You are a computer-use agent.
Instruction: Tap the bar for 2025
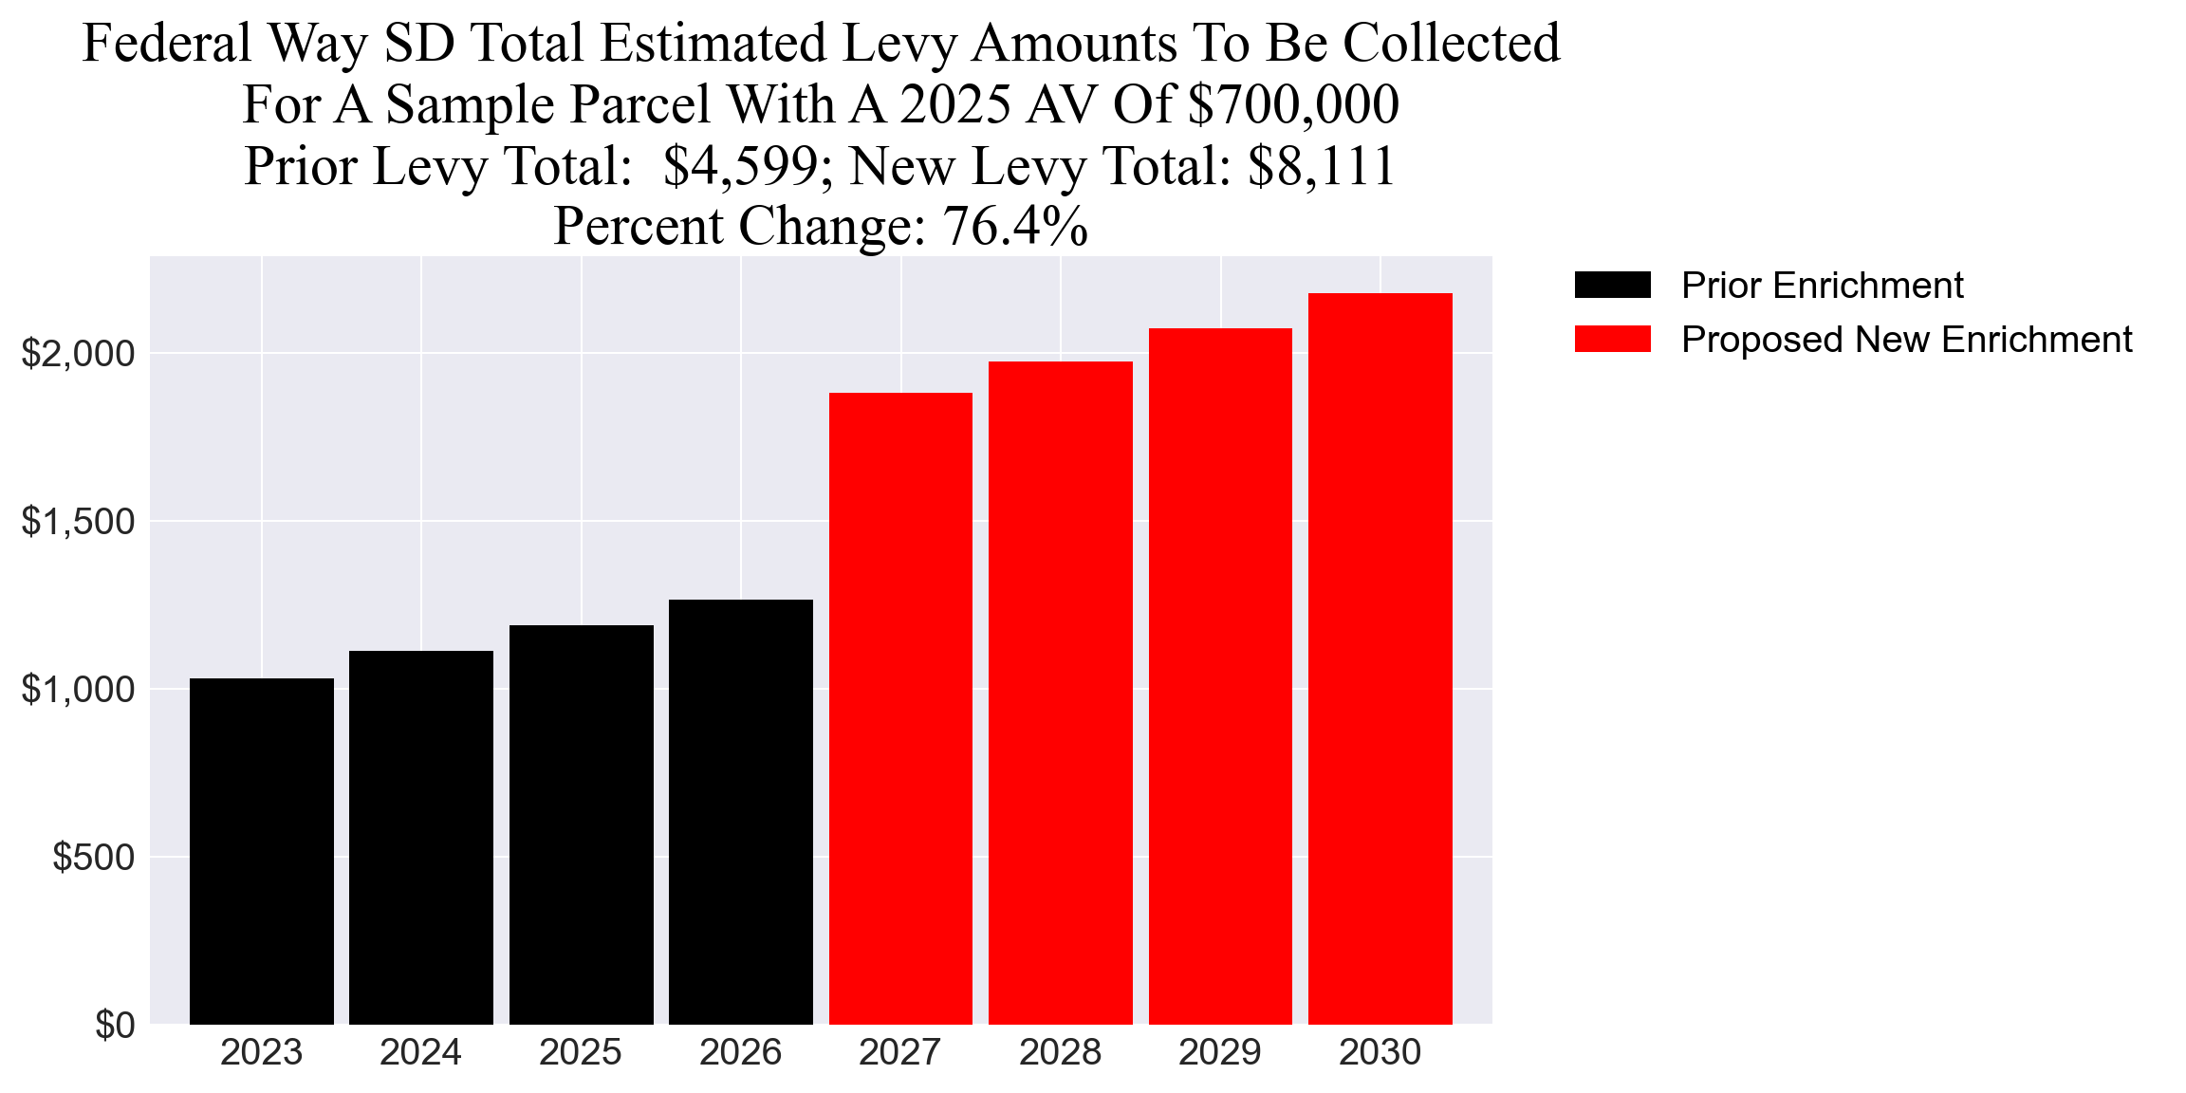click(x=581, y=824)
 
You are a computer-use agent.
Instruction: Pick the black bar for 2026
click(x=740, y=812)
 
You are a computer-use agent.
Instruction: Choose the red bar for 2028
click(x=1060, y=693)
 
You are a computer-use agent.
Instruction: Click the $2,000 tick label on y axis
click(x=79, y=354)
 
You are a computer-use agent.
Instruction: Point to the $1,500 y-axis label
click(x=79, y=522)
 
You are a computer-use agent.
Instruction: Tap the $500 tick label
click(x=93, y=858)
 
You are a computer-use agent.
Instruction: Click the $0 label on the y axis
click(x=115, y=1026)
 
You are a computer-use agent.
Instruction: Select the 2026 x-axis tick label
click(x=740, y=1053)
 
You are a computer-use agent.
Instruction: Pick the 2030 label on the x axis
click(x=1380, y=1053)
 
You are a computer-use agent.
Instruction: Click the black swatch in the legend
click(x=1612, y=285)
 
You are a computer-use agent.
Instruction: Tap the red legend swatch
click(x=1612, y=339)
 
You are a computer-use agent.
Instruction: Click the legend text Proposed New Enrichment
click(x=1906, y=340)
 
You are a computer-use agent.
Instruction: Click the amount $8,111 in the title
click(x=1321, y=166)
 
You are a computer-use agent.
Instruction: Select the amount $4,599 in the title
click(x=740, y=166)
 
